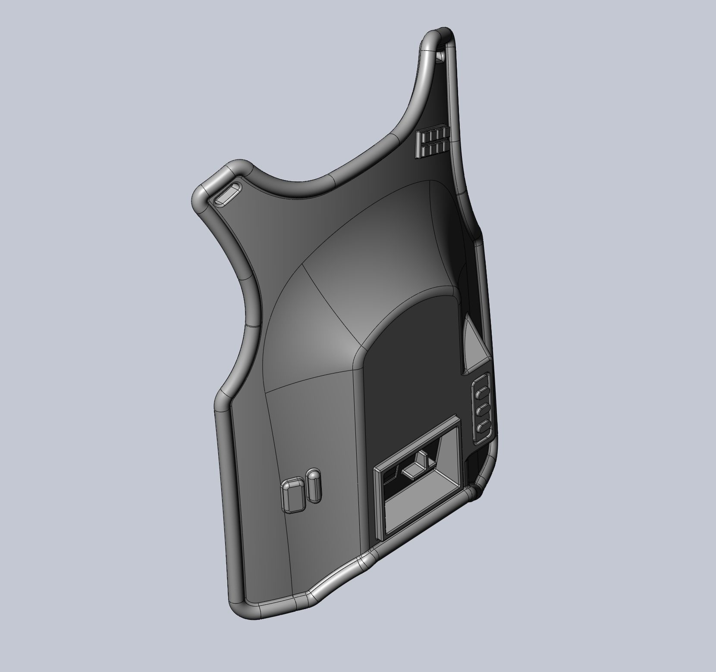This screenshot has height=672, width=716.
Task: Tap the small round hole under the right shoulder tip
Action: [440, 56]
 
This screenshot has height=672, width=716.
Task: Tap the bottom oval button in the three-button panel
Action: [483, 427]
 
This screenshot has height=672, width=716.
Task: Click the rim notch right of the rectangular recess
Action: [474, 491]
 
